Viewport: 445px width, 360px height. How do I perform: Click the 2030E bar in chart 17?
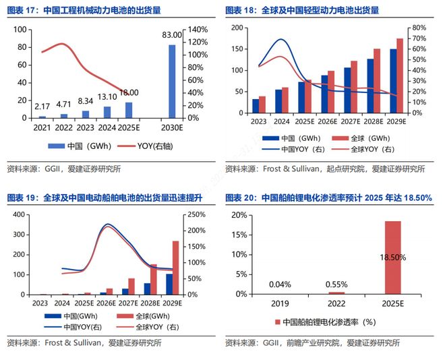coord(172,82)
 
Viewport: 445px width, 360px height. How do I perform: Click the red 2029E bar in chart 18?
coord(400,75)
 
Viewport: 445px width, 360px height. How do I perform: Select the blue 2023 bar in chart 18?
coord(256,105)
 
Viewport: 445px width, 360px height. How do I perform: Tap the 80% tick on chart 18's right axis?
coord(419,28)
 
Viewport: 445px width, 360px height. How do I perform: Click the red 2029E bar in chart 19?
coord(175,268)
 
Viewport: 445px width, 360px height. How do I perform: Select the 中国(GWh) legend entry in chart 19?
coord(71,316)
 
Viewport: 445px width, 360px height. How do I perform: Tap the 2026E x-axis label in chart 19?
coord(105,303)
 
